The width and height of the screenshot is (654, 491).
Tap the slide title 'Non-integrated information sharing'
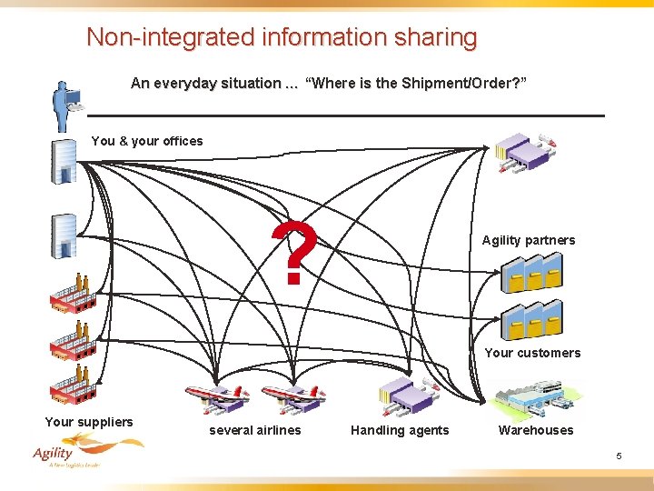(x=282, y=37)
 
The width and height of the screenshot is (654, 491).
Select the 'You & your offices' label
(x=147, y=141)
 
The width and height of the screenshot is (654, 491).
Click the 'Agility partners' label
(x=528, y=240)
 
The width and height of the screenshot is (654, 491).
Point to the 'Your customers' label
(x=531, y=353)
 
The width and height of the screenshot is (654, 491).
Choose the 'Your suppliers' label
(x=89, y=421)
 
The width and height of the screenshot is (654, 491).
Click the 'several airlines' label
(x=254, y=430)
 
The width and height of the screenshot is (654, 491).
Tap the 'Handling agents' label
(x=400, y=430)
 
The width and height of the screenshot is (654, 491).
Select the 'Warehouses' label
(x=536, y=430)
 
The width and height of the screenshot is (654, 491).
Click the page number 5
(x=619, y=456)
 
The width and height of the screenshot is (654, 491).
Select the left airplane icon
(x=217, y=396)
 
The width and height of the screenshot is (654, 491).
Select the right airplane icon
(x=292, y=396)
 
